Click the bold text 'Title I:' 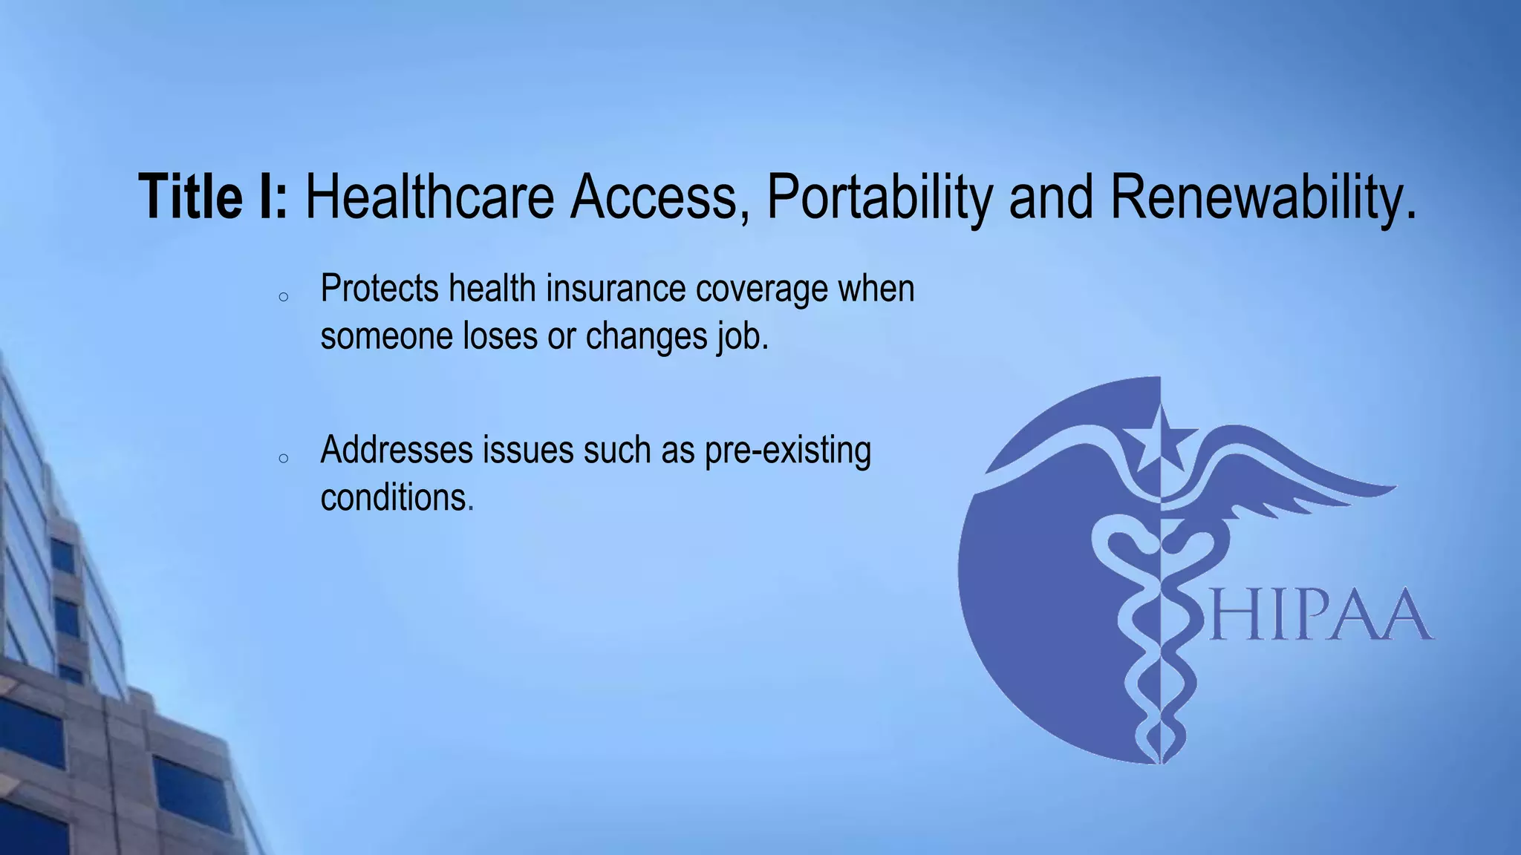(214, 197)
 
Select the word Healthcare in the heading (429, 197)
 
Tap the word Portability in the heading (879, 197)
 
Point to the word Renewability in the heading (1263, 197)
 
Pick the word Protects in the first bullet (380, 289)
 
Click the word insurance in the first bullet (616, 289)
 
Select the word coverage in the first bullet (761, 289)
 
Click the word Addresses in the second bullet (396, 450)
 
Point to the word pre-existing (787, 451)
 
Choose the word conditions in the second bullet (397, 497)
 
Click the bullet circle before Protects (283, 297)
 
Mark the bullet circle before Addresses (283, 459)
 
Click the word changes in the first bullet (647, 337)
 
